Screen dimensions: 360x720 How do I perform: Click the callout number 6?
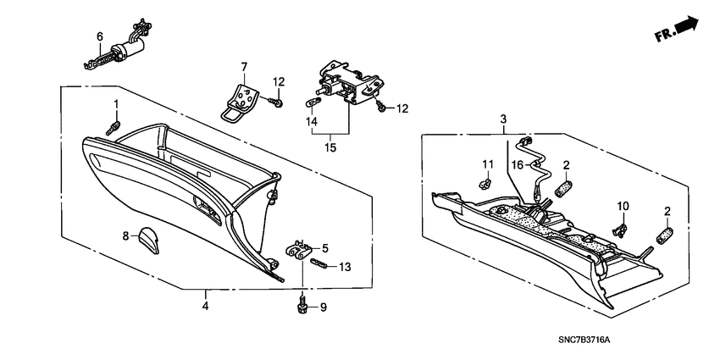99,36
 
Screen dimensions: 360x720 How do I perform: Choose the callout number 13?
344,267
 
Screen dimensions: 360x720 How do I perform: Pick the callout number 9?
323,307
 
